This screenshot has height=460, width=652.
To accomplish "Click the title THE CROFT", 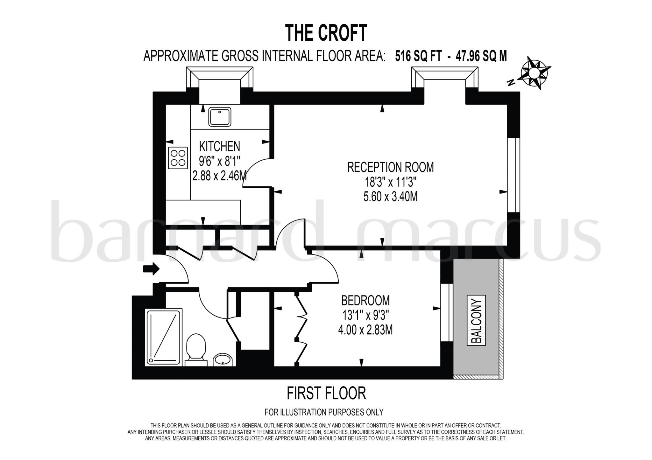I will [x=326, y=33].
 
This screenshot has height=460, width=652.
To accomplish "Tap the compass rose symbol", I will [x=534, y=73].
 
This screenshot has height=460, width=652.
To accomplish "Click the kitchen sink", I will [x=220, y=117].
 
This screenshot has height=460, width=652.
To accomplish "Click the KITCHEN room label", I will [x=219, y=146].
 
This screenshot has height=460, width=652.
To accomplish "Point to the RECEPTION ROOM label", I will [x=390, y=167].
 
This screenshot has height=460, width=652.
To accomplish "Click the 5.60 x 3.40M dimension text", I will [x=390, y=197].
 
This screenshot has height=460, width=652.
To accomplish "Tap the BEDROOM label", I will [x=365, y=300].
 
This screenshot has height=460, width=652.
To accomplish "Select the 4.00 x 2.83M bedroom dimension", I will [x=365, y=330].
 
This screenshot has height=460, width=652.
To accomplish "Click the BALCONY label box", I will [x=476, y=320].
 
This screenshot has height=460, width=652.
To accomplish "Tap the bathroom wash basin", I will [x=223, y=360].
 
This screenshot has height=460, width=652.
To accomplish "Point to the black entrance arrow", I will [x=151, y=269].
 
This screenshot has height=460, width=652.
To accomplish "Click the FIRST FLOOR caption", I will [x=326, y=393].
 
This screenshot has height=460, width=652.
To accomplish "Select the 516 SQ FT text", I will [x=418, y=57].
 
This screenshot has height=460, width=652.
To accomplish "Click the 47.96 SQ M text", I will [x=481, y=57].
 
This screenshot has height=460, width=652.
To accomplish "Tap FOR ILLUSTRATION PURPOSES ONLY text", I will [x=324, y=412].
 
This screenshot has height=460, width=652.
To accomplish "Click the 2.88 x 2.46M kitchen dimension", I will [x=219, y=176].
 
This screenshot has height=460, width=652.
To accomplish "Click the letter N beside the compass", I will [x=511, y=83].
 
